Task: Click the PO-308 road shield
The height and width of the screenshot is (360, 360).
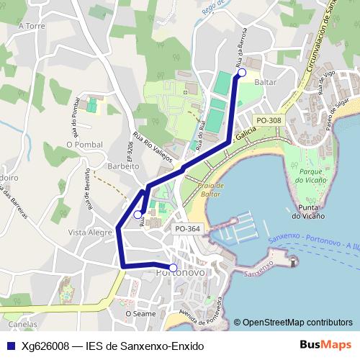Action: [x=269, y=120]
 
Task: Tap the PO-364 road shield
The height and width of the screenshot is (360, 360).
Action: [x=187, y=228]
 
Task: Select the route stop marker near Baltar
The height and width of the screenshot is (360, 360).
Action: [x=242, y=73]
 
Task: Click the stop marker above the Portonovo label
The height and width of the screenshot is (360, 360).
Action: [x=173, y=268]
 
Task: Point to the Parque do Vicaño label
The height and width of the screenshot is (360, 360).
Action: [x=311, y=176]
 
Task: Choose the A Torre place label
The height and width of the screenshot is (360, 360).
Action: [x=32, y=25]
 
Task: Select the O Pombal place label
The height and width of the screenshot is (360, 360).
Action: [x=81, y=144]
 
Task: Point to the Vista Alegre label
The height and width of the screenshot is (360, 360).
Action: [x=86, y=233]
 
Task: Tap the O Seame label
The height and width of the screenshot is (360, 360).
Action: [x=140, y=313]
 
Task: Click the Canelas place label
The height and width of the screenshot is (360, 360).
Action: [x=22, y=324]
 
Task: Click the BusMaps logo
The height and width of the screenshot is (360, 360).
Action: [x=325, y=345]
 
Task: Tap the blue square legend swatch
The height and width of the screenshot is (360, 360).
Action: [x=11, y=346]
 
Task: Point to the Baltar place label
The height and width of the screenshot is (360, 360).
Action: [x=265, y=83]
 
